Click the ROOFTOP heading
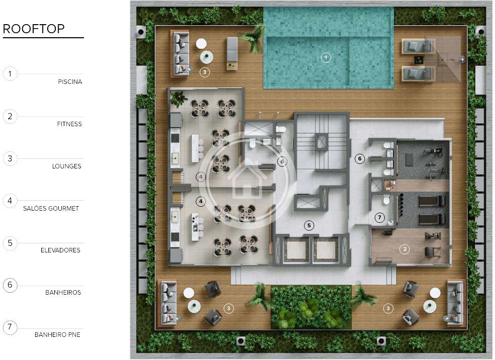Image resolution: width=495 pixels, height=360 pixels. tap(34, 29)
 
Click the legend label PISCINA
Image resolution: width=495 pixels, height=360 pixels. tap(70, 82)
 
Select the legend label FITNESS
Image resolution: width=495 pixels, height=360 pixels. tap(69, 124)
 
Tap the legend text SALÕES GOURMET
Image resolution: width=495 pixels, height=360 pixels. tap(51, 209)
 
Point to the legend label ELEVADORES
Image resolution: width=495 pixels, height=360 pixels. tap(61, 250)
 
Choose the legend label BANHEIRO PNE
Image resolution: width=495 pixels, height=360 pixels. tap(57, 335)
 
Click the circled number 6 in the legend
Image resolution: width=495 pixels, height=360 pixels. tap(10, 285)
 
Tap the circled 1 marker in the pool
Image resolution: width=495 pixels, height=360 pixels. tap(326, 57)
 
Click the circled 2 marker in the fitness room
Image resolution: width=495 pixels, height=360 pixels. tap(405, 249)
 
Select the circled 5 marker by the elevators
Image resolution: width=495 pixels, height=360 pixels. tap(309, 225)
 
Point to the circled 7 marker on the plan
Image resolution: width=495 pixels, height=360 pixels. tap(379, 217)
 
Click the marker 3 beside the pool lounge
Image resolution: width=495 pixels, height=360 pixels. tap(205, 72)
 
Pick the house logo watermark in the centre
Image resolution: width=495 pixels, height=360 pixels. tap(247, 181)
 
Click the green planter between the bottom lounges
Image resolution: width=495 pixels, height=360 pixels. tap(311, 307)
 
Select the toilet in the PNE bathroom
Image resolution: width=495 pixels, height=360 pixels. tap(386, 200)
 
